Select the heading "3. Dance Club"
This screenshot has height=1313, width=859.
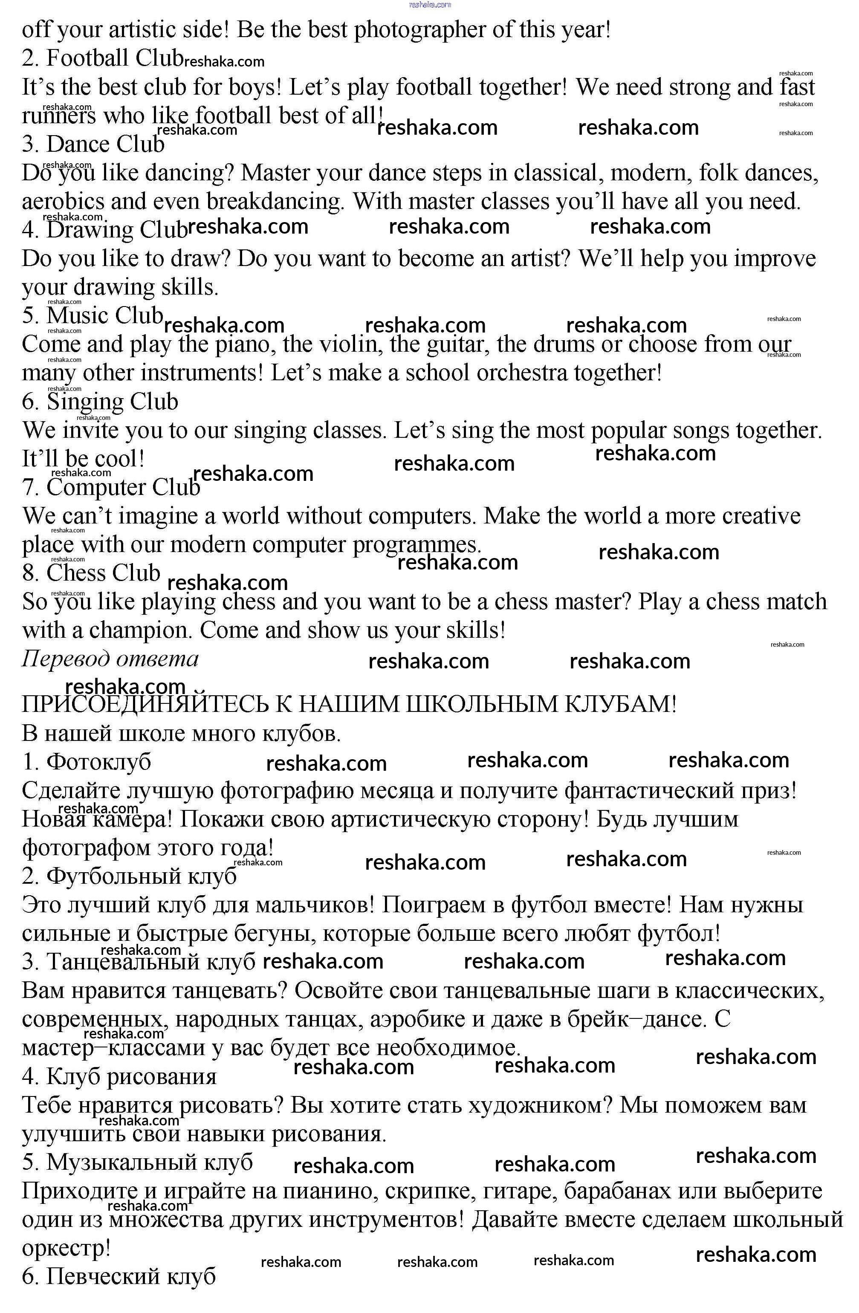93,145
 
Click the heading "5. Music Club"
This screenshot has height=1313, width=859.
93,316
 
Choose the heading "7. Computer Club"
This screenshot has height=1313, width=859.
111,488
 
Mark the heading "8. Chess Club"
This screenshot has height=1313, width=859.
91,573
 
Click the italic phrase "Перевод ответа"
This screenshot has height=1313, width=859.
110,659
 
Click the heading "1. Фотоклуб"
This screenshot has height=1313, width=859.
87,762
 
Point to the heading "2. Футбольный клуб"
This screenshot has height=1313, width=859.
129,876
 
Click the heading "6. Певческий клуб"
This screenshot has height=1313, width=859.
119,1277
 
